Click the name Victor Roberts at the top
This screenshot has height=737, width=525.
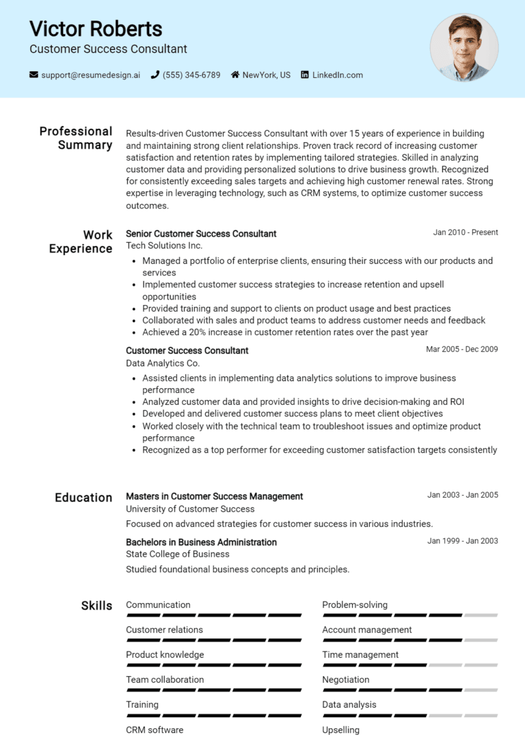96,29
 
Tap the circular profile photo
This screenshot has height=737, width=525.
464,48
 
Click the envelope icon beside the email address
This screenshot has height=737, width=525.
33,75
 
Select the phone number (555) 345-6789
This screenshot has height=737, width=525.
191,75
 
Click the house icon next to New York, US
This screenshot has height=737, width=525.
235,75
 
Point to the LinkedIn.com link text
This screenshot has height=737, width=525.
338,75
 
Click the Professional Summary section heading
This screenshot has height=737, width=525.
76,138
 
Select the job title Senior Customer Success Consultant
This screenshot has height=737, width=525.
201,234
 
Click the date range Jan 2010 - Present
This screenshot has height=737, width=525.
466,232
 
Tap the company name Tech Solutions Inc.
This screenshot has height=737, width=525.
164,245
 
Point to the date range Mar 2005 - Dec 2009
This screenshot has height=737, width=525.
462,349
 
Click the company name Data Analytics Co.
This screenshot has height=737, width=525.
163,363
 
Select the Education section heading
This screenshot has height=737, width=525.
83,498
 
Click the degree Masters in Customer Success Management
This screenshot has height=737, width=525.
214,496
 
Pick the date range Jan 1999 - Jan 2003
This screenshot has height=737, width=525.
463,541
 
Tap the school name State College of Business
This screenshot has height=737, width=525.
178,554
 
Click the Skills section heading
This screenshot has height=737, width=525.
96,606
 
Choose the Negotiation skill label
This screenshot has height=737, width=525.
346,680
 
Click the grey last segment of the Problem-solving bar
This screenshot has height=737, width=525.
481,615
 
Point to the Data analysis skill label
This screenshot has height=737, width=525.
349,704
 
